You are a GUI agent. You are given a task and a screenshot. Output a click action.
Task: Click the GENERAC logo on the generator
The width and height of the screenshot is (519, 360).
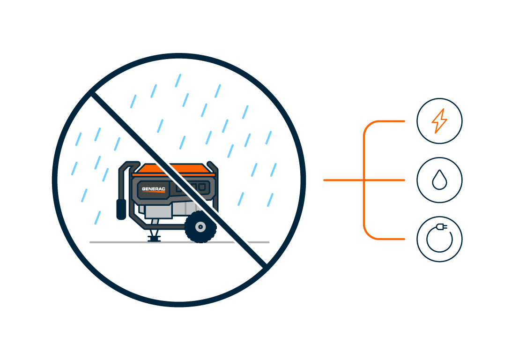pos(154,189)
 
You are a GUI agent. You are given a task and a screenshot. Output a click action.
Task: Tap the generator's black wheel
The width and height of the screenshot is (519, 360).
pos(200,227)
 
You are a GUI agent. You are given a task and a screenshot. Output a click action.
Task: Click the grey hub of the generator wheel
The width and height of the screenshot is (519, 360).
pos(200,227)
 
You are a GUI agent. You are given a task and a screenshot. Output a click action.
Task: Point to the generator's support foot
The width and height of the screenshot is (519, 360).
pos(154,236)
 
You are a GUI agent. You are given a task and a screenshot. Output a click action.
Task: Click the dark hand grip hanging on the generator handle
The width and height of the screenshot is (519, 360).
pos(121,210)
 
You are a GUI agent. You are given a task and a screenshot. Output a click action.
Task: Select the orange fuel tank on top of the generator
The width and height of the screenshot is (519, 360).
pos(174,169)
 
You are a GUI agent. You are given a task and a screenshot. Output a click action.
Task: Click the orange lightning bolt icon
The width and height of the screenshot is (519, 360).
pos(439,121)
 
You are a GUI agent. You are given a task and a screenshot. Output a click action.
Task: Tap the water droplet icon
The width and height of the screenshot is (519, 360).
pos(439,180)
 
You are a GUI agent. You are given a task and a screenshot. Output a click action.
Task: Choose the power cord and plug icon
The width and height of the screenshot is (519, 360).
pos(439,239)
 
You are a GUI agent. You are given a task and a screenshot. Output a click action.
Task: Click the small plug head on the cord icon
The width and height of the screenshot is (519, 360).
pos(442,227)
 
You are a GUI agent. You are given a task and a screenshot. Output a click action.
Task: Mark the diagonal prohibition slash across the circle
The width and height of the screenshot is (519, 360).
pos(179,180)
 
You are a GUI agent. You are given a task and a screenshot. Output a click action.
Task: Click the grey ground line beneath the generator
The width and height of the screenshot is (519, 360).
pos(179,242)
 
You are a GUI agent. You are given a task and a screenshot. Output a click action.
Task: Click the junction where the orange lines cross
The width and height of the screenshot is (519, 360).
pos(364,180)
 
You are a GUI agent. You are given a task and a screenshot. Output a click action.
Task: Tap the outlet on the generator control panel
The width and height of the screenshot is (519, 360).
pos(201,187)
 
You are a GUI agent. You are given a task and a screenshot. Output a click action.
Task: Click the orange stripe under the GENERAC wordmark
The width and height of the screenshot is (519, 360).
pos(154,191)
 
